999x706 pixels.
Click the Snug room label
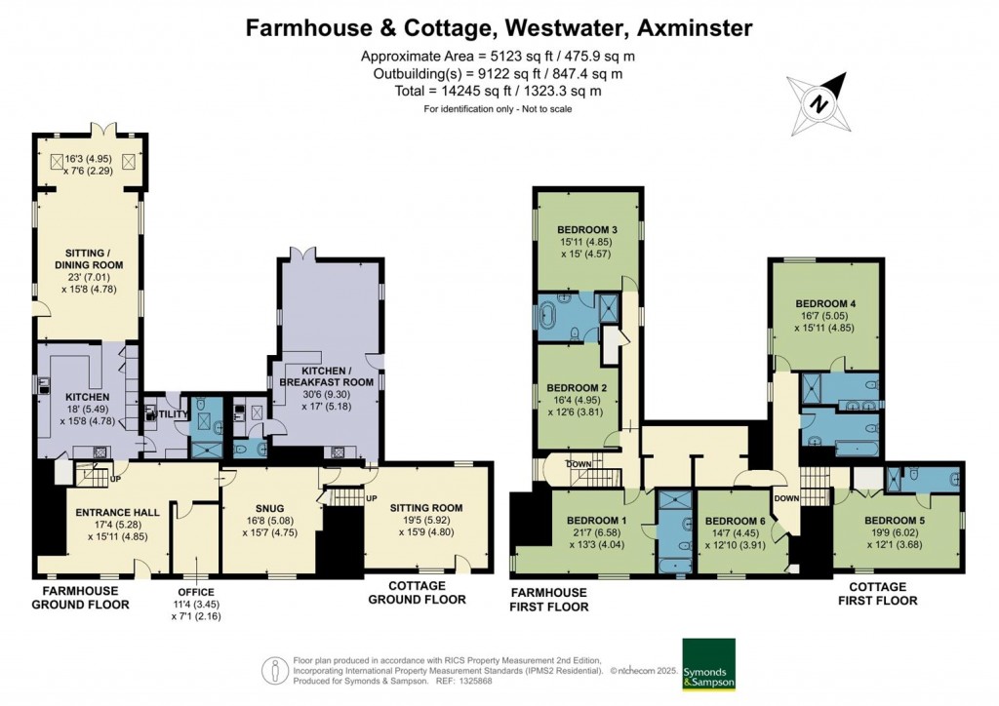pyautogui.click(x=270, y=508)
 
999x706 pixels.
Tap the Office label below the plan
pyautogui.click(x=196, y=592)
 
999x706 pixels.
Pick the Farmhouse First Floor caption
pyautogui.click(x=549, y=599)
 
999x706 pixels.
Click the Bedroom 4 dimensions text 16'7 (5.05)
pyautogui.click(x=825, y=316)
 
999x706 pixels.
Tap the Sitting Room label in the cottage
pyautogui.click(x=425, y=508)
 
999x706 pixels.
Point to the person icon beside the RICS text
pyautogui.click(x=272, y=671)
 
